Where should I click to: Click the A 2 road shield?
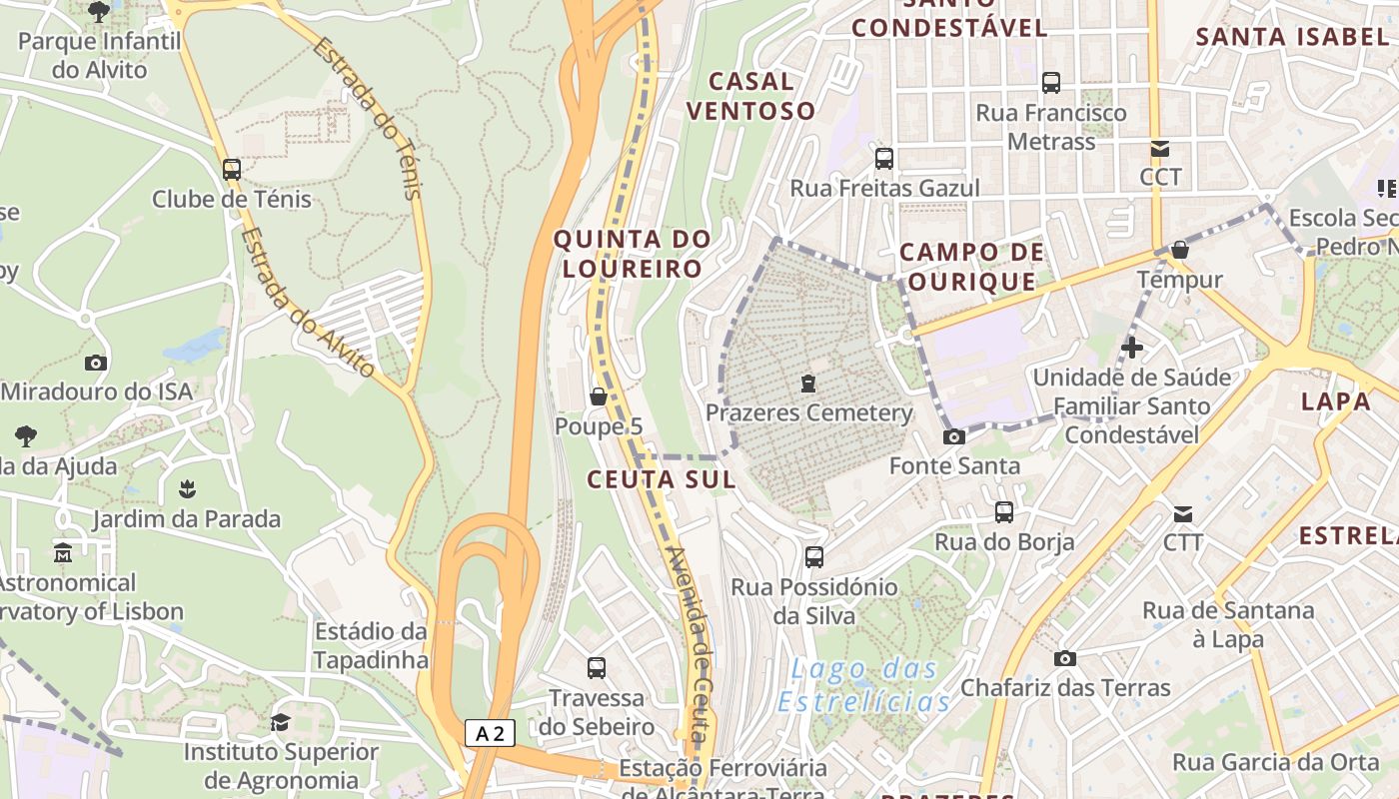[490, 734]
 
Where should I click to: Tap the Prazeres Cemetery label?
[808, 412]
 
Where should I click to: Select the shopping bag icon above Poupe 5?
[599, 397]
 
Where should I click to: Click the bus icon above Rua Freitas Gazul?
[883, 158]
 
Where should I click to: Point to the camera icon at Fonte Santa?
[954, 436]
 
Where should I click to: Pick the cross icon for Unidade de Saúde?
[1132, 348]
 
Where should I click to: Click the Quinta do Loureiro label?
[632, 254]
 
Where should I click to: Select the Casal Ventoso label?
[750, 96]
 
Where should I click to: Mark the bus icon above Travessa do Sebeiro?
[597, 667]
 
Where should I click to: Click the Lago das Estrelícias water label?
[863, 685]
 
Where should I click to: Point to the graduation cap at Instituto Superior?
[280, 722]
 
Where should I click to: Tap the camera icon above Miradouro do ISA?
[96, 363]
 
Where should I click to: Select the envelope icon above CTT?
[1183, 514]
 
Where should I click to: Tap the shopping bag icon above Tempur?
[1180, 250]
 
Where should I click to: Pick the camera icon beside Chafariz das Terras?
[1065, 658]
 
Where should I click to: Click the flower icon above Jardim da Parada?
[186, 489]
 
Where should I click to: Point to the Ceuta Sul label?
[661, 479]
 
